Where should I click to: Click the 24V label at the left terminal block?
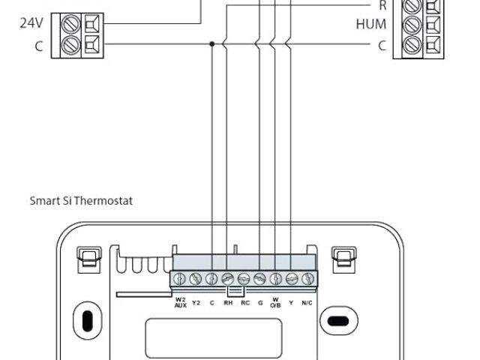click(31, 22)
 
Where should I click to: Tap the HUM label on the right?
click(371, 24)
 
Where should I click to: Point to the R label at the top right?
click(382, 4)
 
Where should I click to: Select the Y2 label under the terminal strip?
click(196, 302)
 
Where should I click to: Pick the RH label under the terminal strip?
click(228, 302)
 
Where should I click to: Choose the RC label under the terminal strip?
click(244, 302)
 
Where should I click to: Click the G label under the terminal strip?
click(259, 302)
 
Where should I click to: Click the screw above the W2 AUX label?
click(180, 279)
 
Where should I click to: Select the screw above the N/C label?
click(307, 279)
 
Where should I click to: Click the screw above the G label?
click(259, 279)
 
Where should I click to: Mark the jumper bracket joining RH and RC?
click(235, 289)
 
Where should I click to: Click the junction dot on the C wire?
click(212, 44)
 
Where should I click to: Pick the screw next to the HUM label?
click(413, 24)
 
